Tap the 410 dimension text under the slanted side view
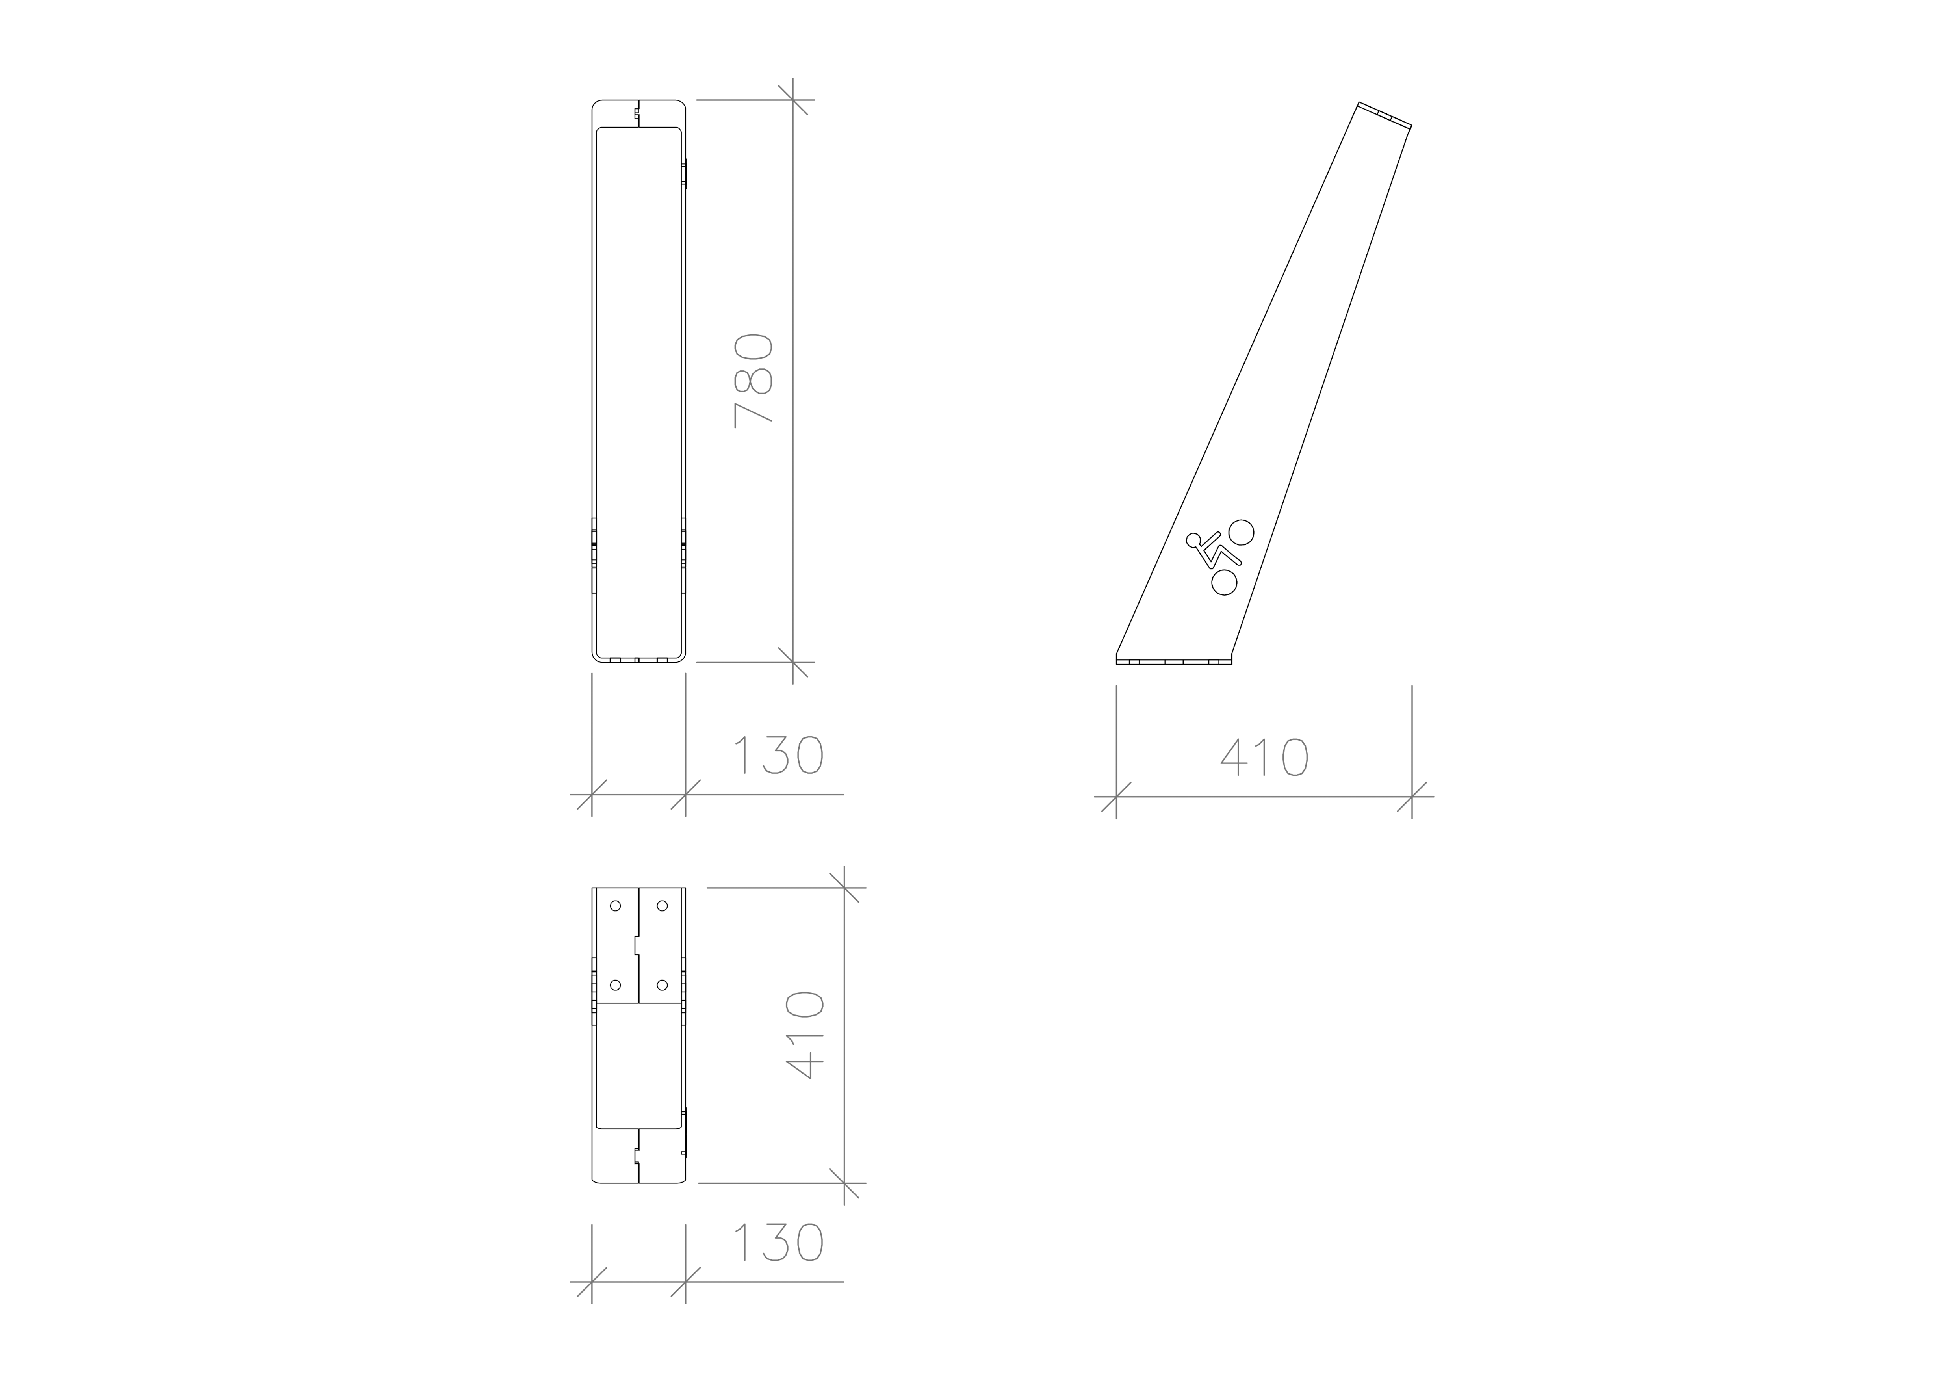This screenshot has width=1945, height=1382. click(1264, 756)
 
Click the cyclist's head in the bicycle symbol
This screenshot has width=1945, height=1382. click(1193, 540)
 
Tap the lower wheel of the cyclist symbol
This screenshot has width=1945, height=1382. click(1223, 582)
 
